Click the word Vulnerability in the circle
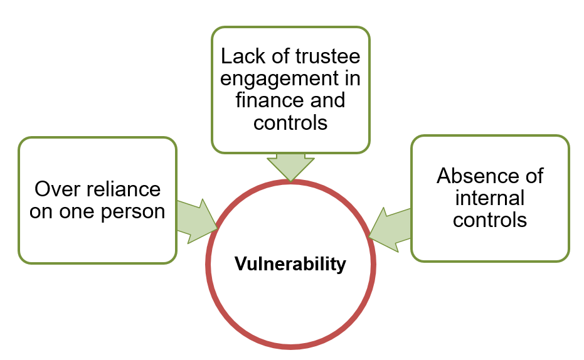[290, 264]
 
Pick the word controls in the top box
[290, 122]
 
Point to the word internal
[490, 198]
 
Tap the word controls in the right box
[490, 220]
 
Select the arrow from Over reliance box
[196, 220]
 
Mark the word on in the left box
[41, 211]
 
